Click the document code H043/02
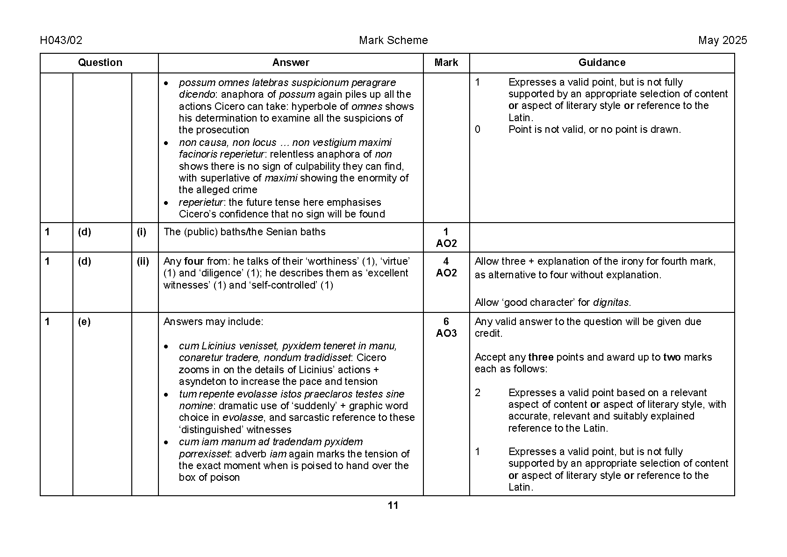[x=61, y=41]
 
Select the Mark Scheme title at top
[x=393, y=41]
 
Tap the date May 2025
[x=722, y=41]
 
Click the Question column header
[x=100, y=63]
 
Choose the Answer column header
[x=291, y=63]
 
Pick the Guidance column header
[x=601, y=63]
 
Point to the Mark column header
[x=446, y=63]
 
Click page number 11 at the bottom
[x=393, y=506]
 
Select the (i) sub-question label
[x=142, y=232]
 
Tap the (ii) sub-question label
[x=143, y=261]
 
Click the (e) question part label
[x=84, y=322]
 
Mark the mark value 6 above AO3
[x=446, y=322]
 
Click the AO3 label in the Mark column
[x=446, y=333]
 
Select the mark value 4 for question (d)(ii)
[x=446, y=261]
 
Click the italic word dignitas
[x=611, y=303]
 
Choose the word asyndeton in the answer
[x=200, y=382]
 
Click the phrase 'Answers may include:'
[x=213, y=322]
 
